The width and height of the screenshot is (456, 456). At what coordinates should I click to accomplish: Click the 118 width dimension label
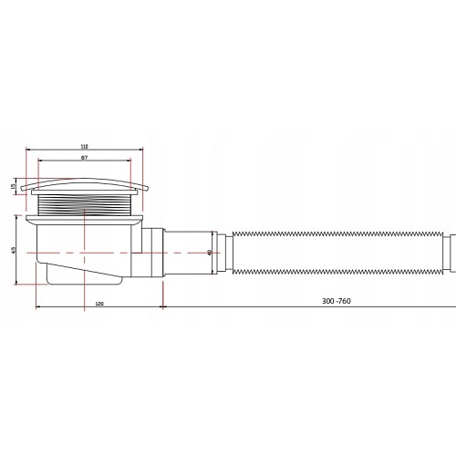click(x=84, y=145)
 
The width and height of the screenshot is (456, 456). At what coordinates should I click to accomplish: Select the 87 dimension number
click(x=83, y=159)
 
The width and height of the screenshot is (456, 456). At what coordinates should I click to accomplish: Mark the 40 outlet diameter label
click(x=209, y=252)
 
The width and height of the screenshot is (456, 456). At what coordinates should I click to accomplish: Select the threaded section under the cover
click(x=84, y=205)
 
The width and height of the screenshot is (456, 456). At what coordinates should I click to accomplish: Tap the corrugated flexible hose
click(x=337, y=252)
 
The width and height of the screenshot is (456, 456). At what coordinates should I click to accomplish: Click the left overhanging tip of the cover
click(x=28, y=190)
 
